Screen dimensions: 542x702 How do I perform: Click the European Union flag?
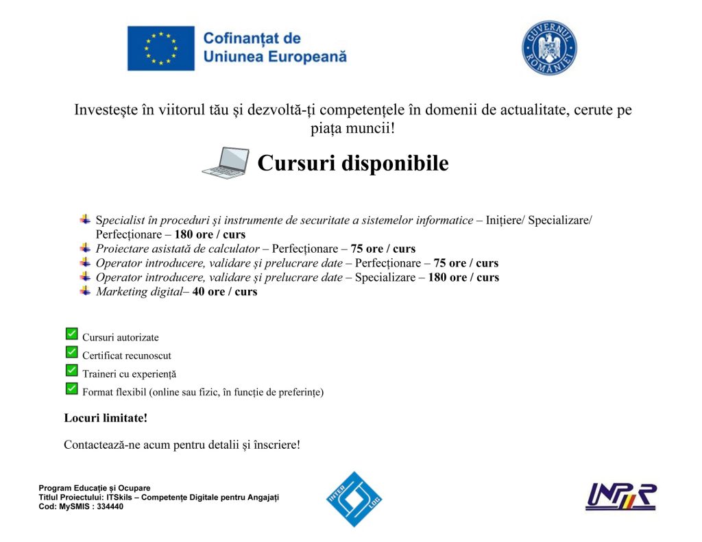160,48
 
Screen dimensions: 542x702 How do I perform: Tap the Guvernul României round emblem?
549,48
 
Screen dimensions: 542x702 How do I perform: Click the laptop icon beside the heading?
226,164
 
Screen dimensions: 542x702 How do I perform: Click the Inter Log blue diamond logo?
354,499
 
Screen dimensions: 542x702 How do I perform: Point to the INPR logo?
620,497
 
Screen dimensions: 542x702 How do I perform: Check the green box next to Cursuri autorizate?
71,334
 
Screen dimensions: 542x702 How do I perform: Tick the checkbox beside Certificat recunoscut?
71,352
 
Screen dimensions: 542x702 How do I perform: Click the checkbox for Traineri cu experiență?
71,371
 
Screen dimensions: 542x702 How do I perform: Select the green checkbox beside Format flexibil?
71,389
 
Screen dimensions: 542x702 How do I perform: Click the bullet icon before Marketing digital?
85,291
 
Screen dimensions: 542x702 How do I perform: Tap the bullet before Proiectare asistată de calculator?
85,248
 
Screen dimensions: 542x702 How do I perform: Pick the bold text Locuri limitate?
106,417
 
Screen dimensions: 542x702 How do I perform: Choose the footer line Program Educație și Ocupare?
94,488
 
